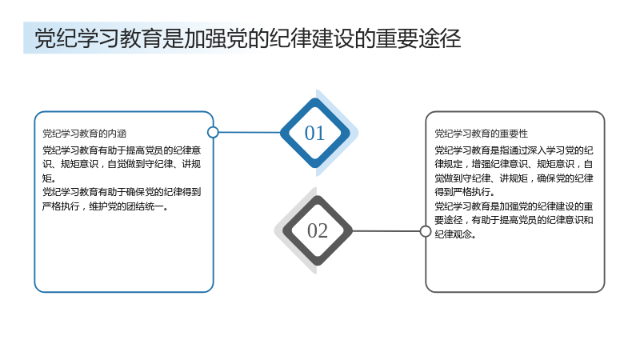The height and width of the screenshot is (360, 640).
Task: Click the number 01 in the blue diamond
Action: click(x=314, y=133)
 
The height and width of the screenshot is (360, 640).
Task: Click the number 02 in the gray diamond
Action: click(x=318, y=231)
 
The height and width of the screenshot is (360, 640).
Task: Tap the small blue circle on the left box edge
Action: click(x=213, y=132)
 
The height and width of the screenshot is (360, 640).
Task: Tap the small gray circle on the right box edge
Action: click(x=426, y=231)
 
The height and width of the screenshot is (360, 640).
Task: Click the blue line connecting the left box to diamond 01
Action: click(x=250, y=132)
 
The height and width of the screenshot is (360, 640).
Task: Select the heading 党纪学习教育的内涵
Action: click(x=85, y=134)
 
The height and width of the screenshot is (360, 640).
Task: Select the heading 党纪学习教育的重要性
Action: click(x=482, y=134)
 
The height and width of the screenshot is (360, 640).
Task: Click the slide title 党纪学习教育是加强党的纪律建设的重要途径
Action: click(x=248, y=38)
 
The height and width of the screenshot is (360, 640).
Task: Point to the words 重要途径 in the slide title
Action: click(x=418, y=38)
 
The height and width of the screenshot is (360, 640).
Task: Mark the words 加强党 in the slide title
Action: click(x=215, y=38)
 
